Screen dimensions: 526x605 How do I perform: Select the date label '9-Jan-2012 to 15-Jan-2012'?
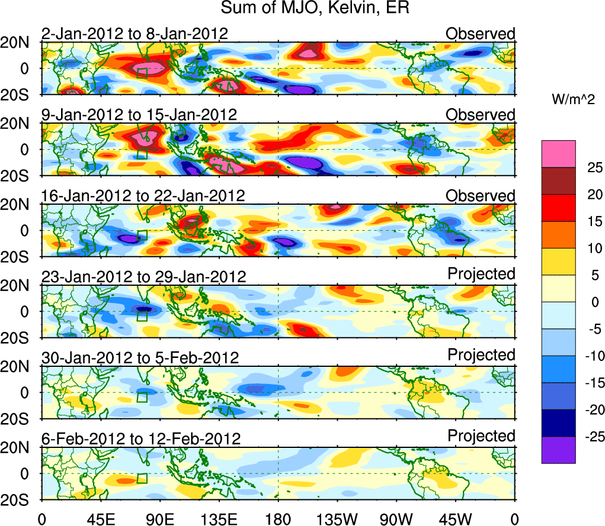pyautogui.click(x=139, y=115)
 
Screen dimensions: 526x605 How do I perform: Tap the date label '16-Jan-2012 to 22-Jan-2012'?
pyautogui.click(x=143, y=196)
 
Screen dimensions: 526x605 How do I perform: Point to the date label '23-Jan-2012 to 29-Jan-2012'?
pyautogui.click(x=143, y=277)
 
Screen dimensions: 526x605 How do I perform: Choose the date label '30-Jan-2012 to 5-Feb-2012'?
pyautogui.click(x=140, y=358)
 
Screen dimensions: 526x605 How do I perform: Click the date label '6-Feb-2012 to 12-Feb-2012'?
pyautogui.click(x=141, y=439)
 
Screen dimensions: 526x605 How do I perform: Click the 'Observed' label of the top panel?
pyautogui.click(x=481, y=34)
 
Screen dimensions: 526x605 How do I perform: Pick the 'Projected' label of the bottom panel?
pyautogui.click(x=481, y=436)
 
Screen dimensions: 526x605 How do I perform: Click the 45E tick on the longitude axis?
pyautogui.click(x=101, y=519)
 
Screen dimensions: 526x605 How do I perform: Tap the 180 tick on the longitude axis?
pyautogui.click(x=279, y=519)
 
